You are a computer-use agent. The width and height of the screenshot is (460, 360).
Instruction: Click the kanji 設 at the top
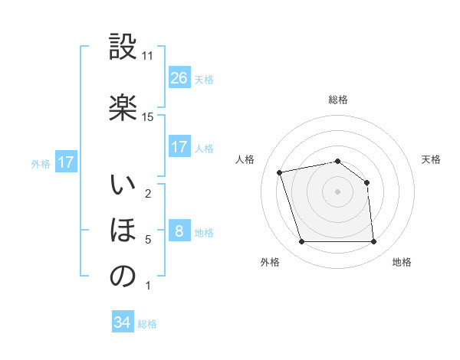click(123, 47)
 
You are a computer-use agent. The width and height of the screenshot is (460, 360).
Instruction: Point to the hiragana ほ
click(123, 231)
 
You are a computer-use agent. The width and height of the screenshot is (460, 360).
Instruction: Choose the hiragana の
click(123, 277)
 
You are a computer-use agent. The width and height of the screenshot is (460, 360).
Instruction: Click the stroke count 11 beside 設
click(147, 56)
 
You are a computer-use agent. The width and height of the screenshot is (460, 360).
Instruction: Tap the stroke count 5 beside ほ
click(147, 240)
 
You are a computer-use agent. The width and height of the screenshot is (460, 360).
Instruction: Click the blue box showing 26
click(179, 78)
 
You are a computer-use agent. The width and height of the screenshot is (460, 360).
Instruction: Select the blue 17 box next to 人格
click(179, 147)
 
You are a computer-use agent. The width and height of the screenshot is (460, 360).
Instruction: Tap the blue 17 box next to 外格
click(65, 162)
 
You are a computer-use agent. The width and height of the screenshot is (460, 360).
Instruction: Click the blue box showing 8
click(179, 231)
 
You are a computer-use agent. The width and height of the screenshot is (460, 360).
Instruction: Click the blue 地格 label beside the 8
click(204, 233)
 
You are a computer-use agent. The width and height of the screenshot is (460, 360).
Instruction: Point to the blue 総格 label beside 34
click(147, 324)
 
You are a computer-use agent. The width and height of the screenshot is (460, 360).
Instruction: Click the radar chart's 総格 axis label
click(338, 100)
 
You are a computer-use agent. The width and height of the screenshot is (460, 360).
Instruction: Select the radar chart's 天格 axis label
click(431, 159)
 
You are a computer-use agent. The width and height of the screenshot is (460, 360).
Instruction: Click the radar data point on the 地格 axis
click(374, 242)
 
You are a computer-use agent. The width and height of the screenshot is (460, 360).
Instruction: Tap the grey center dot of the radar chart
click(338, 191)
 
